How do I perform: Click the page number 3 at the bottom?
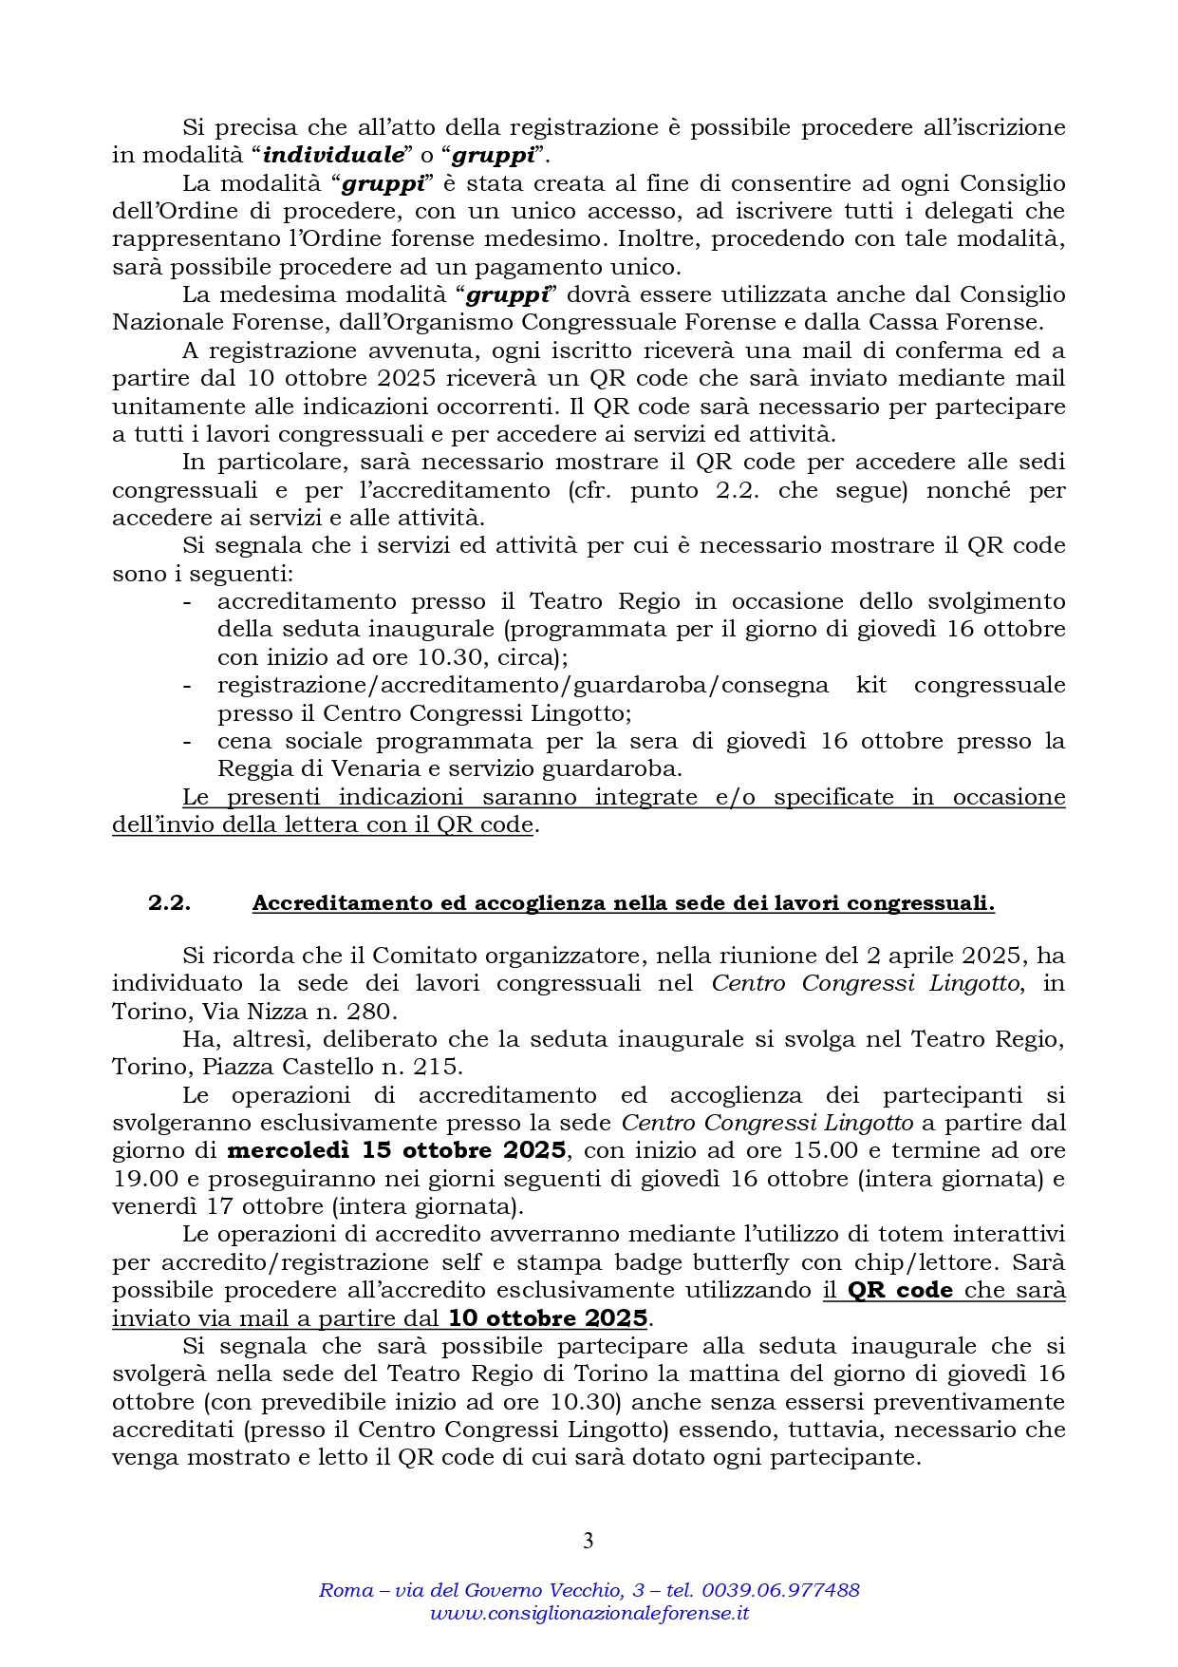pos(588,1541)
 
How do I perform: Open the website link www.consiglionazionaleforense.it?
pos(589,1613)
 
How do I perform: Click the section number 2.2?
pos(169,903)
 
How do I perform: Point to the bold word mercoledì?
pos(289,1150)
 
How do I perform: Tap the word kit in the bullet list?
pos(871,685)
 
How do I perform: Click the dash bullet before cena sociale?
pos(187,741)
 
